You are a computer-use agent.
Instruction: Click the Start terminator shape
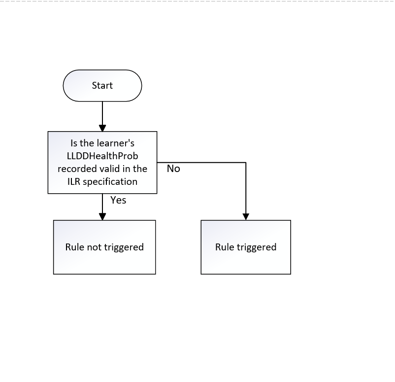pyautogui.click(x=102, y=86)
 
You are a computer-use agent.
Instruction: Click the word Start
pyautogui.click(x=102, y=85)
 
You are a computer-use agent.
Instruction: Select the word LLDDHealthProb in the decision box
pyautogui.click(x=102, y=156)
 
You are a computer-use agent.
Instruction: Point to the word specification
pyautogui.click(x=110, y=182)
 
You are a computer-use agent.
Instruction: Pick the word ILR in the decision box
pyautogui.click(x=73, y=181)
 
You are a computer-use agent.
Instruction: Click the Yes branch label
pyautogui.click(x=118, y=200)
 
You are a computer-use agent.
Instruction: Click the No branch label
pyautogui.click(x=173, y=169)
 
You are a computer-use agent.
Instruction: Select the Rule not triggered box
pyautogui.click(x=104, y=247)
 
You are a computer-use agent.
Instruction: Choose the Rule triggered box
pyautogui.click(x=246, y=247)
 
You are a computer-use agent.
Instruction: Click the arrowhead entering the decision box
pyautogui.click(x=102, y=128)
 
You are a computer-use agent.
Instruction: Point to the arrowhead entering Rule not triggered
pyautogui.click(x=102, y=216)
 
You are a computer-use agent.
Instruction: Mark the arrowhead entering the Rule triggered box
pyautogui.click(x=246, y=216)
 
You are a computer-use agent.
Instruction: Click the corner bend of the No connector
pyautogui.click(x=246, y=163)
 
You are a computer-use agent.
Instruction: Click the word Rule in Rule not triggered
pyautogui.click(x=75, y=247)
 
